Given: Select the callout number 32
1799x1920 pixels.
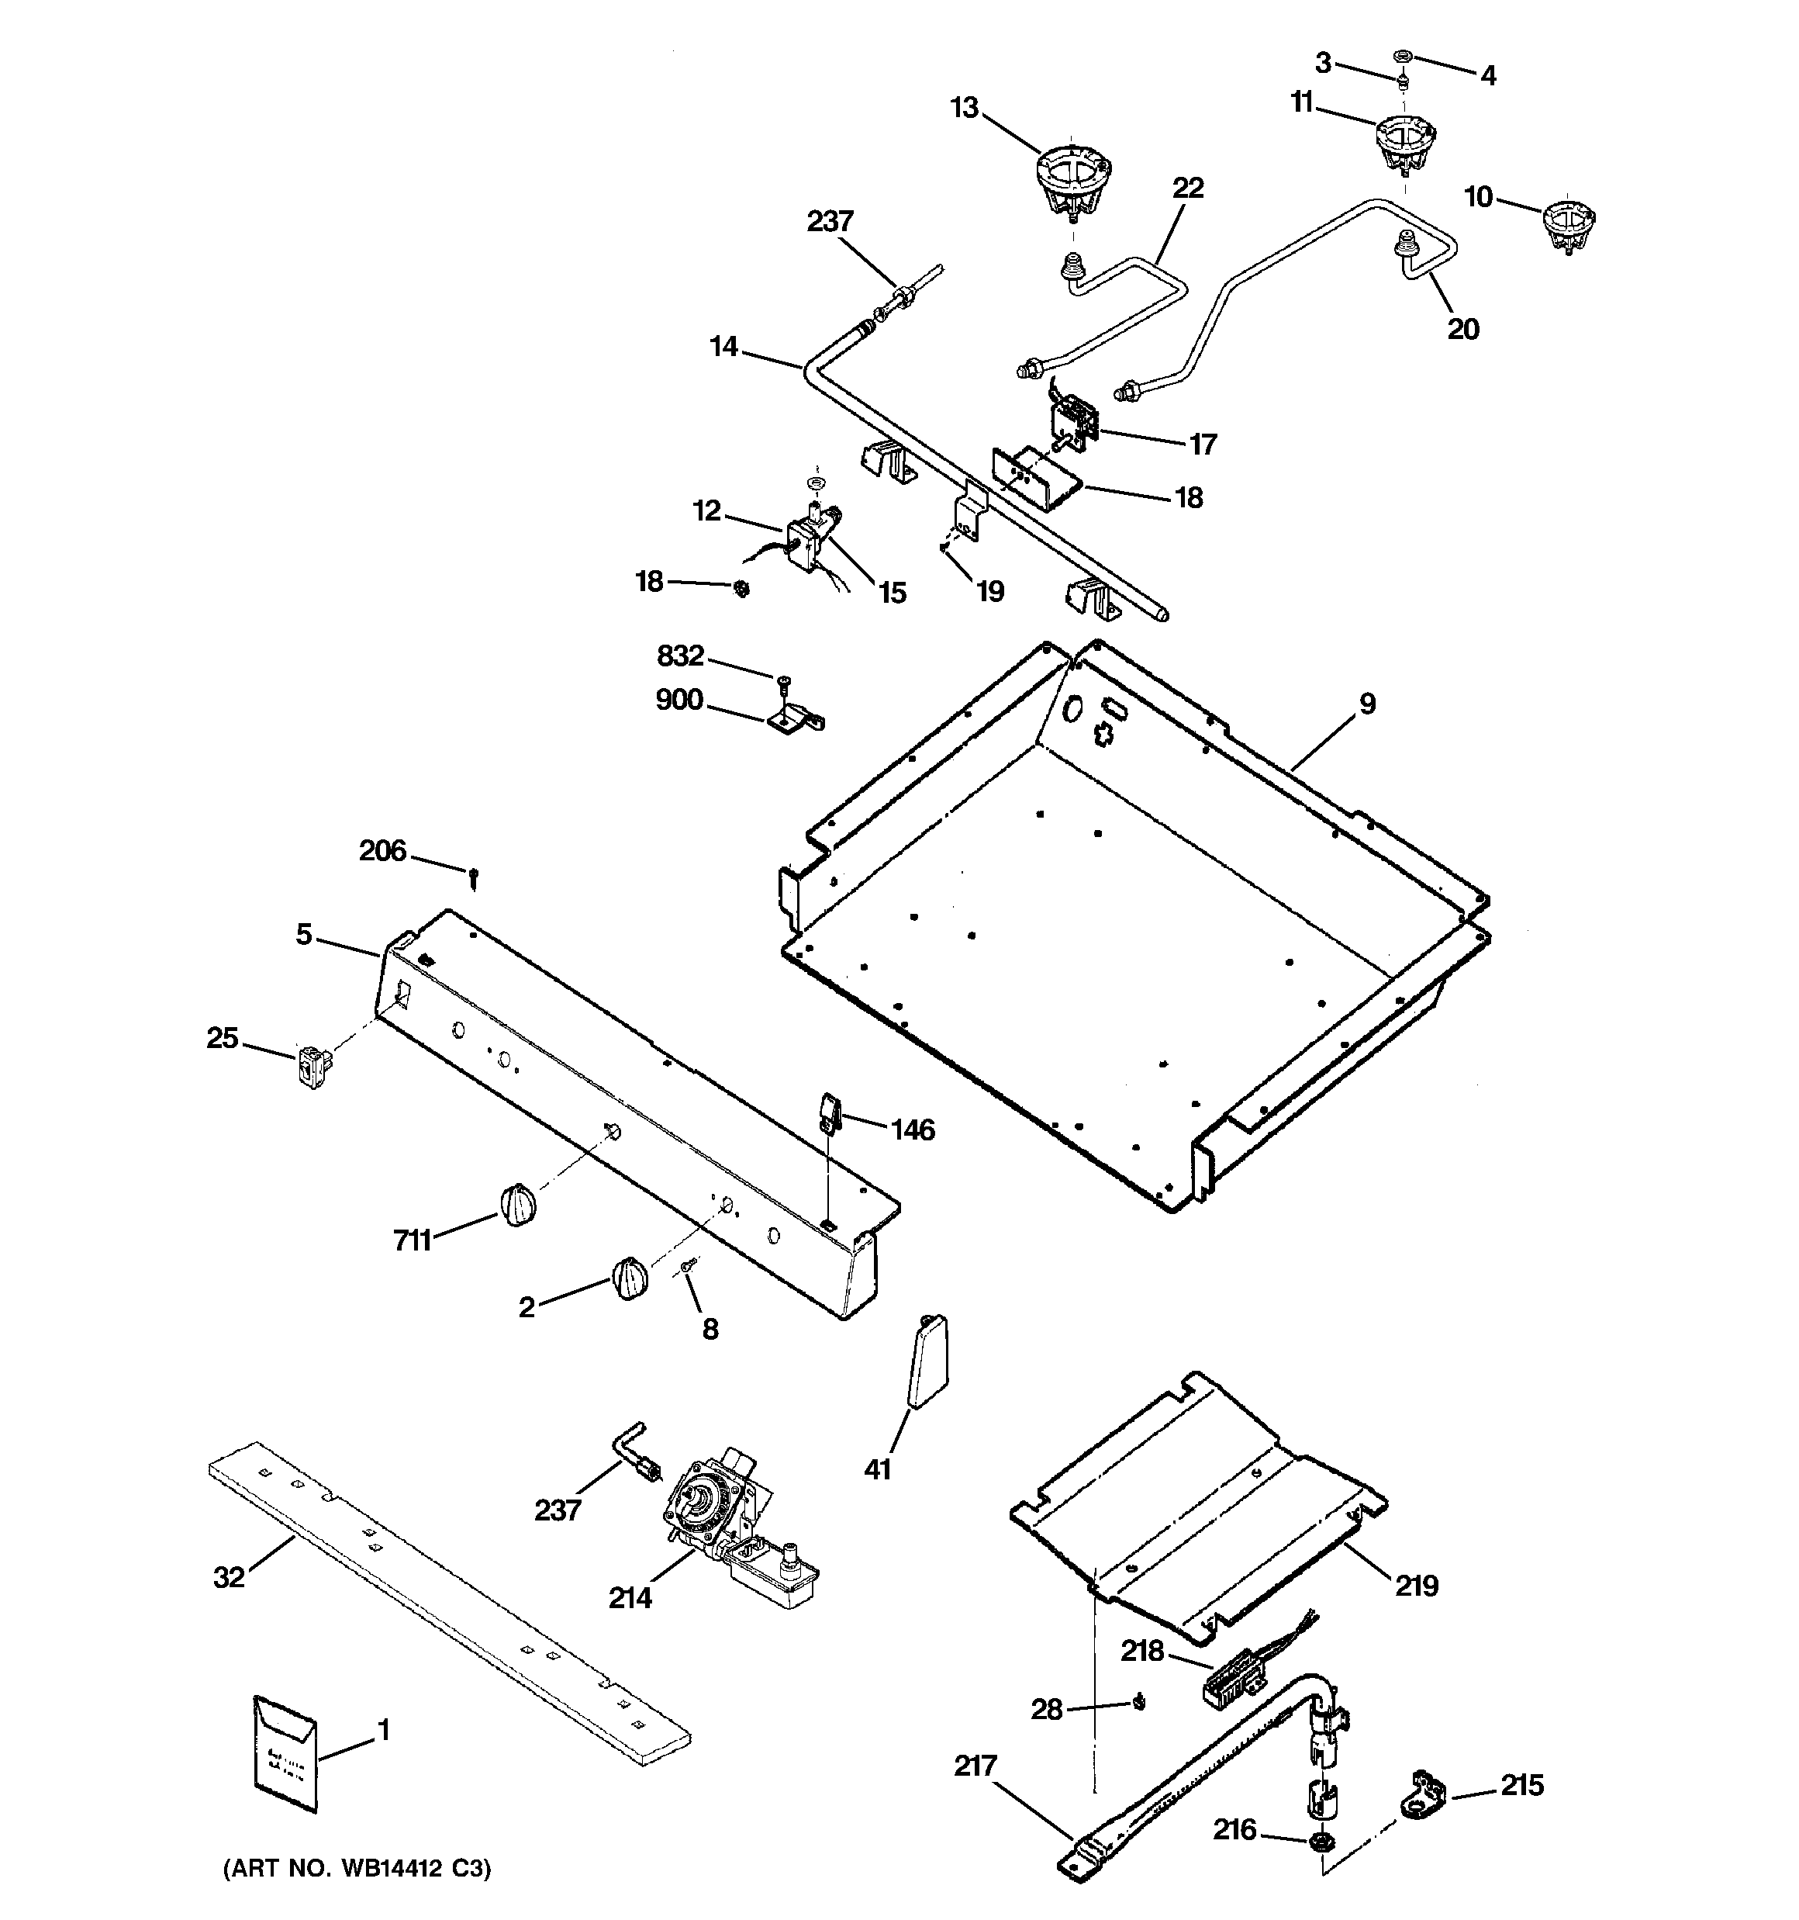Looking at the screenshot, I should pos(229,1577).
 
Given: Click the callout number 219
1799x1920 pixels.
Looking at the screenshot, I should pos(1416,1585).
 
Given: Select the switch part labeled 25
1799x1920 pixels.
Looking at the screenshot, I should pos(310,1067).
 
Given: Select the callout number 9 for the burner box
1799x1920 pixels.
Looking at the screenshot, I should pos(1367,704).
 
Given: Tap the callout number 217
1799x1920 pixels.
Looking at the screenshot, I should pos(975,1766).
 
